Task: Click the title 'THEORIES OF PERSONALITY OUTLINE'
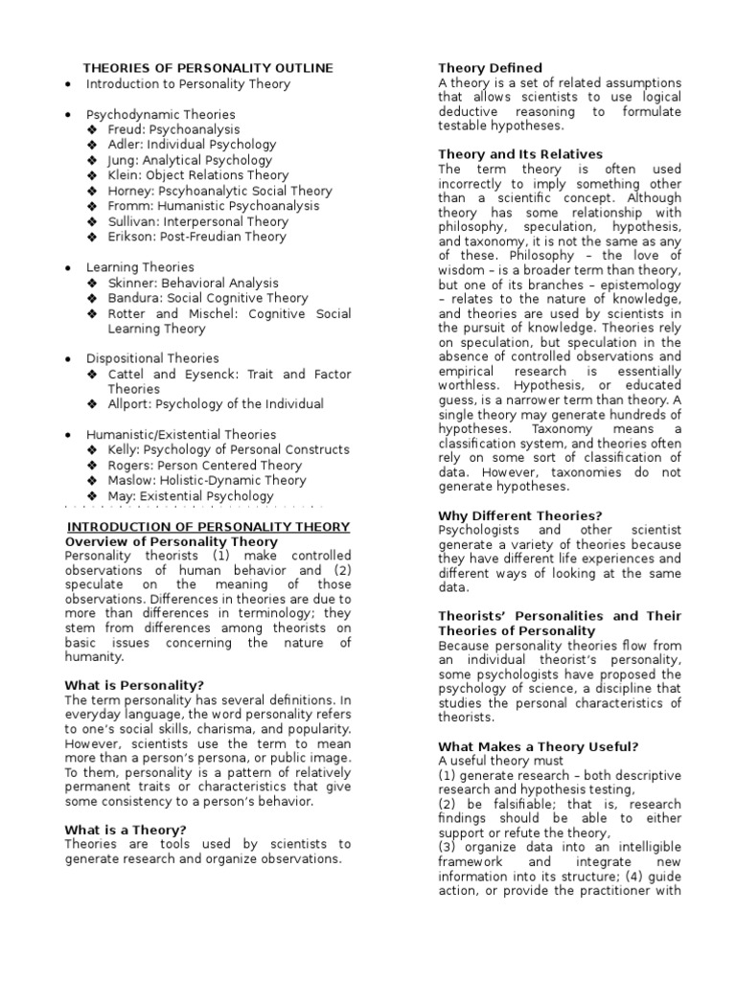pyautogui.click(x=208, y=68)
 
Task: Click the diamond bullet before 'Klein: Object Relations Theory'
pyautogui.click(x=92, y=175)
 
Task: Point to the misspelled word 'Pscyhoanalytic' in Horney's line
pyautogui.click(x=204, y=191)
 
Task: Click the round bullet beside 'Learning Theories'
pyautogui.click(x=68, y=267)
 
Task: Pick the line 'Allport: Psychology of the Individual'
pyautogui.click(x=216, y=404)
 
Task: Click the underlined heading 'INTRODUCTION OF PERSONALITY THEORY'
pyautogui.click(x=207, y=527)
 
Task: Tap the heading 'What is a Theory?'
pyautogui.click(x=126, y=830)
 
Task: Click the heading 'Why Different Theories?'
pyautogui.click(x=520, y=515)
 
